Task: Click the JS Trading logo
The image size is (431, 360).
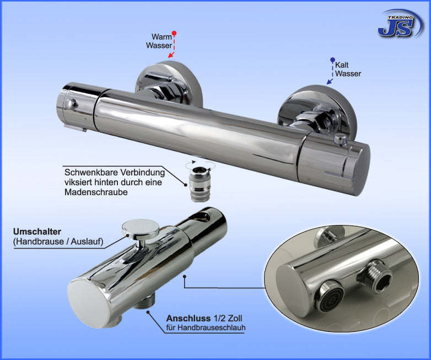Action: pyautogui.click(x=400, y=24)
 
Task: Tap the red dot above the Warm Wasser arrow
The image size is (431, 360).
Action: pyautogui.click(x=174, y=33)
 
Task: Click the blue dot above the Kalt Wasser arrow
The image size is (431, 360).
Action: pyautogui.click(x=332, y=60)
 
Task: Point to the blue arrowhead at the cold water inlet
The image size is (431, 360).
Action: pyautogui.click(x=329, y=82)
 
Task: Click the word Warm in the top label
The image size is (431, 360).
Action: pyautogui.click(x=161, y=36)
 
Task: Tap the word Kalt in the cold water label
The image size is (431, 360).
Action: pyautogui.click(x=342, y=65)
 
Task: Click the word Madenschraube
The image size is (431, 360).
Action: pyautogui.click(x=96, y=192)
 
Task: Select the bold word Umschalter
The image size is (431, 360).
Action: pyautogui.click(x=37, y=232)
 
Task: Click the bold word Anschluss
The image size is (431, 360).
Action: pyautogui.click(x=188, y=319)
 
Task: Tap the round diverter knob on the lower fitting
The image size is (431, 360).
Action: pyautogui.click(x=141, y=229)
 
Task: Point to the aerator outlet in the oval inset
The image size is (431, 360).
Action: pyautogui.click(x=328, y=296)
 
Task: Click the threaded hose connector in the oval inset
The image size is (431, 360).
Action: pyautogui.click(x=375, y=276)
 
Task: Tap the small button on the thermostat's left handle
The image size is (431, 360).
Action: pyautogui.click(x=71, y=104)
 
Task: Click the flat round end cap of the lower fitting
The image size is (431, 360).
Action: pyautogui.click(x=89, y=303)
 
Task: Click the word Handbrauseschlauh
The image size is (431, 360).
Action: pyautogui.click(x=211, y=328)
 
